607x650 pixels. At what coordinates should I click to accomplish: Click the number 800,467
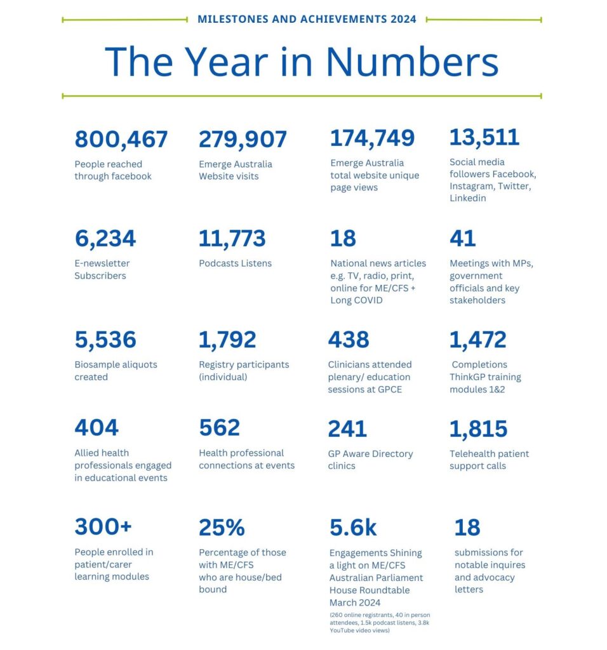(121, 140)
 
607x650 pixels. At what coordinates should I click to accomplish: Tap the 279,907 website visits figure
(243, 140)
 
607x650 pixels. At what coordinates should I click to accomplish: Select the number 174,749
(372, 138)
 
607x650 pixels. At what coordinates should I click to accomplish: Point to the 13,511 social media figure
(484, 138)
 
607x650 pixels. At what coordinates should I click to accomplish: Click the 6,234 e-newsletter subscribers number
(105, 239)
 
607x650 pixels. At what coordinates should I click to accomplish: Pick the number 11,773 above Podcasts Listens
(232, 239)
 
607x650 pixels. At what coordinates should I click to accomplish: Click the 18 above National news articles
(343, 239)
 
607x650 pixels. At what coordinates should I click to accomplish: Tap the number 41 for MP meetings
(462, 239)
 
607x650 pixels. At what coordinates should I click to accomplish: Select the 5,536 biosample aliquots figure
(105, 340)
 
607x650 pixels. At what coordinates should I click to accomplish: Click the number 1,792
(227, 340)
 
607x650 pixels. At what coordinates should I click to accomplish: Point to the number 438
(349, 340)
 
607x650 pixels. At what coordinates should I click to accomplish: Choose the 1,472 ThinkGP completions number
(477, 340)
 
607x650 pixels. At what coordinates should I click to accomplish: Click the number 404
(97, 427)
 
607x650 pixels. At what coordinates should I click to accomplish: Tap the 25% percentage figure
(222, 527)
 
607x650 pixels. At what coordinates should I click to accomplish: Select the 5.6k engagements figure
(353, 527)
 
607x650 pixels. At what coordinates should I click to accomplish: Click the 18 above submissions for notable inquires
(467, 527)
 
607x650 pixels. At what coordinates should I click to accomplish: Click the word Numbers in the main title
(412, 62)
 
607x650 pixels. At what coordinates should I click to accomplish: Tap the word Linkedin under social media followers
(468, 198)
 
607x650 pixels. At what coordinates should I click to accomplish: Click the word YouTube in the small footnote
(342, 630)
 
